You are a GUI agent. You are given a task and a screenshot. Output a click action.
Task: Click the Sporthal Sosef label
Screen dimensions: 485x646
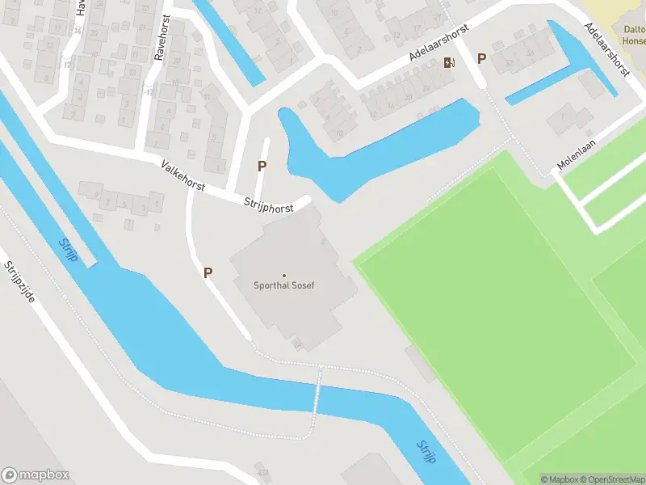[283, 286]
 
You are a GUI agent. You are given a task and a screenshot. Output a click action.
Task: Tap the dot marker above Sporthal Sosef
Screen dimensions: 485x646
[283, 276]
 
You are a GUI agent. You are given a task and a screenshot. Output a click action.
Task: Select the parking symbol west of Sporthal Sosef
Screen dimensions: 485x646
[208, 273]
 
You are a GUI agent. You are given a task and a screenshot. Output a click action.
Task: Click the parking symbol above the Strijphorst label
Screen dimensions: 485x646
[262, 167]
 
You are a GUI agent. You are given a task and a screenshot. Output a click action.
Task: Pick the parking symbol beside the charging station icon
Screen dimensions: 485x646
[481, 58]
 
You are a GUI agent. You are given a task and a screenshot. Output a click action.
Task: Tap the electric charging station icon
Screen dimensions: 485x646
[449, 62]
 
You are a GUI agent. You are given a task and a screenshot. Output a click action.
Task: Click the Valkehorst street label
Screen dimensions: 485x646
[183, 175]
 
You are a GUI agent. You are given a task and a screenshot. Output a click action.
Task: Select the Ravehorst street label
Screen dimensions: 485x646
[161, 38]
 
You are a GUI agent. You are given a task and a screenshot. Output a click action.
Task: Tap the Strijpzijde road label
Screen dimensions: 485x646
[19, 282]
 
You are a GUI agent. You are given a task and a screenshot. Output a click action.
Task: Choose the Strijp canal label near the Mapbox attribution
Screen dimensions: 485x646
[426, 452]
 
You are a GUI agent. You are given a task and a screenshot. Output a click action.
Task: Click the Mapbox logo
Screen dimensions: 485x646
[35, 474]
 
